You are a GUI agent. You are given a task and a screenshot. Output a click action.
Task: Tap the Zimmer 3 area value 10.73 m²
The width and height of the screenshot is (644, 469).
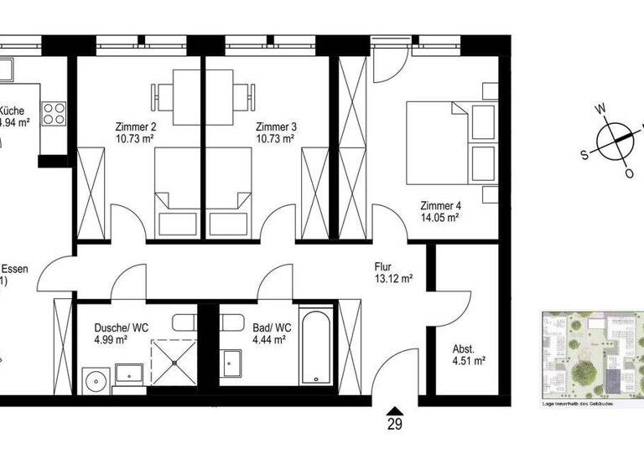pyautogui.click(x=275, y=140)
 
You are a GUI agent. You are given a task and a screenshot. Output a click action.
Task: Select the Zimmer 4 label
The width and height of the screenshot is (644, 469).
pyautogui.click(x=440, y=205)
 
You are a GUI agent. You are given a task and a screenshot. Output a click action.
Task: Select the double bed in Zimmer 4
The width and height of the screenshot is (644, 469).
pyautogui.click(x=444, y=142)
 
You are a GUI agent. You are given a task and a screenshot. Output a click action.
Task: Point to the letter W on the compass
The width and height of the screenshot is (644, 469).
pyautogui.click(x=600, y=109)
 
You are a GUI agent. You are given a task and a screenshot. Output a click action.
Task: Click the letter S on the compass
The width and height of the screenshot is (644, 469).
pyautogui.click(x=585, y=154)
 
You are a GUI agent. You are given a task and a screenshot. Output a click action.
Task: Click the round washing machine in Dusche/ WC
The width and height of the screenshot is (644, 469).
pyautogui.click(x=96, y=379)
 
